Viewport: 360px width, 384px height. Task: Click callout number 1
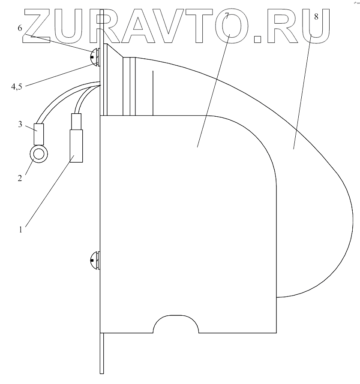tap(20, 229)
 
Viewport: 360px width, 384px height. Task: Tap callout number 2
tap(20, 177)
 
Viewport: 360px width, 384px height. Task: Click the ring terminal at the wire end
tap(38, 153)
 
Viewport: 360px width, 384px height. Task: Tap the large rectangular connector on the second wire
tap(77, 146)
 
